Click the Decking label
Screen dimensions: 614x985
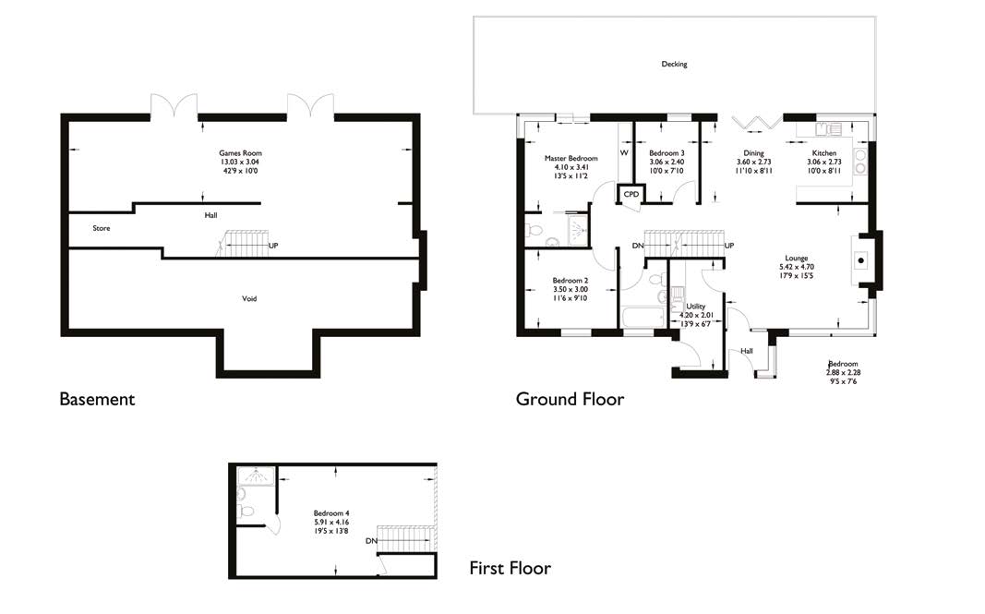pos(674,65)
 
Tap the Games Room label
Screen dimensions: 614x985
pos(234,153)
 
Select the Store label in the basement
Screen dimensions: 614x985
pos(102,228)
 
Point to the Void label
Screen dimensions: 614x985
pos(249,299)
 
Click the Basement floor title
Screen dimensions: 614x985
pos(97,400)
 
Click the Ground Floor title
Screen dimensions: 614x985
pos(570,400)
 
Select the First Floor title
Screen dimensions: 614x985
pos(510,568)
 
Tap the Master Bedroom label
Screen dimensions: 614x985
pos(571,159)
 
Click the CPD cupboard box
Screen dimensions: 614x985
pos(631,195)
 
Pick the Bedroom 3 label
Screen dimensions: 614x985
pos(667,153)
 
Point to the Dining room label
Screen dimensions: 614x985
pos(753,153)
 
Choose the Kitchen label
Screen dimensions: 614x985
pos(824,153)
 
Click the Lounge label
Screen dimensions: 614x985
pos(797,259)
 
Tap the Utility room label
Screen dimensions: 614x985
pos(696,306)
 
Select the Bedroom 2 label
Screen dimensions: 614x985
pos(570,281)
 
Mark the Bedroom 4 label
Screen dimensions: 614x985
pos(330,513)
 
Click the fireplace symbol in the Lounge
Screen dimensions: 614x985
pos(861,259)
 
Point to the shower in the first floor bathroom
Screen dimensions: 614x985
pos(250,477)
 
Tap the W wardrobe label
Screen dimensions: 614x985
pos(624,153)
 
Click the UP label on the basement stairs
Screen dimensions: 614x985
pos(273,247)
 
